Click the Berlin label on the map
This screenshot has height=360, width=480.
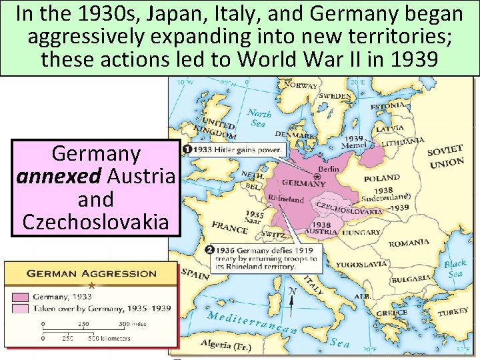point(329,169)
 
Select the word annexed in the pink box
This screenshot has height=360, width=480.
point(58,177)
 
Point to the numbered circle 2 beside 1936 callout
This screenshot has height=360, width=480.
point(210,250)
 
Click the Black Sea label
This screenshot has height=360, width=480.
point(455,269)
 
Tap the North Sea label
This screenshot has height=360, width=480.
point(259,118)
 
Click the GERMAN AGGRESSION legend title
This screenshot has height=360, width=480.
point(91,273)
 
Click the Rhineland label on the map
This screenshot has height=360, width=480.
point(286,199)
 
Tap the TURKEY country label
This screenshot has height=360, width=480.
point(453,312)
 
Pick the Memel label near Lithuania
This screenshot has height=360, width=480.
point(353,146)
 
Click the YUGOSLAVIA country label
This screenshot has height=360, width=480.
point(360,265)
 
